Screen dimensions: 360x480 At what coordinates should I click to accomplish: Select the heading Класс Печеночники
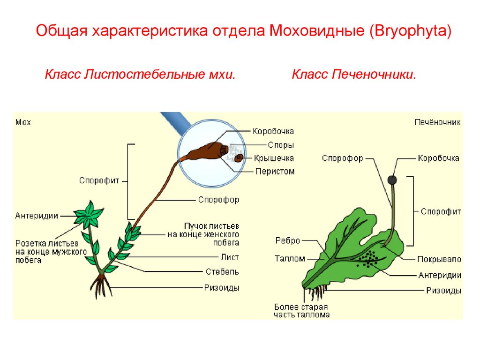pos(354,75)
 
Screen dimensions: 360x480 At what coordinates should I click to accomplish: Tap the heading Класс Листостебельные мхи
pos(139,75)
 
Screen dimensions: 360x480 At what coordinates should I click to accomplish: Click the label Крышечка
pos(275,158)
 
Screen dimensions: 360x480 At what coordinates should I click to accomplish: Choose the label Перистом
pos(275,171)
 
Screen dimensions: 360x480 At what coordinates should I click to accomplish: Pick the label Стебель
pos(222,271)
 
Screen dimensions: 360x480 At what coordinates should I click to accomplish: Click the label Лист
pos(230,257)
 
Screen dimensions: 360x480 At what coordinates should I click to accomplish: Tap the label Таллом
pos(290,258)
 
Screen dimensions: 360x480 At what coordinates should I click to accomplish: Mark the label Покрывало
pos(439,259)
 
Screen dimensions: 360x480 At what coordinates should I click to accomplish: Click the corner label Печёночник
pos(437,122)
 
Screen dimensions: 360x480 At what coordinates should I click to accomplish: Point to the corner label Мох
pos(23,122)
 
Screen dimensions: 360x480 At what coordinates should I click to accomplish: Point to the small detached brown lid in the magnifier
pos(239,158)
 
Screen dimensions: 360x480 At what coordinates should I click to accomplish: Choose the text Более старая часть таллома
pos(301,311)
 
